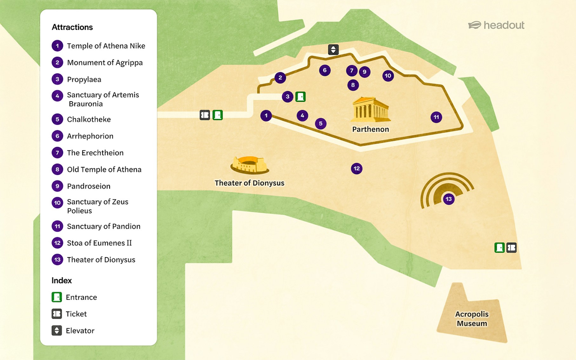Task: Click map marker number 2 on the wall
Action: point(280,77)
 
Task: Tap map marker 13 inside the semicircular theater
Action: point(448,199)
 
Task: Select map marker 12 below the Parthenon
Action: point(357,169)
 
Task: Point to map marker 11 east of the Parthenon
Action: point(436,117)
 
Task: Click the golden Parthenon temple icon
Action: point(370,110)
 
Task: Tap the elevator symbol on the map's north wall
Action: point(333,50)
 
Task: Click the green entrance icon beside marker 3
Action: point(300,97)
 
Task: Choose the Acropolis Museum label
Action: point(472,318)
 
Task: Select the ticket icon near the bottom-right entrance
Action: point(511,248)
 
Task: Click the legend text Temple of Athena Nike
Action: point(106,46)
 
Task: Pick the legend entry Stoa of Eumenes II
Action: point(99,243)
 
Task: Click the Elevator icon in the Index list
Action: point(57,330)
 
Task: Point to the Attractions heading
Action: point(72,27)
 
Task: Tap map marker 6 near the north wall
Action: point(325,70)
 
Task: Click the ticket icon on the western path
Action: point(205,115)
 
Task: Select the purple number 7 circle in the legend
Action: point(57,153)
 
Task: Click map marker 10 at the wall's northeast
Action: point(388,76)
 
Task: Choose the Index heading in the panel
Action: point(62,281)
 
